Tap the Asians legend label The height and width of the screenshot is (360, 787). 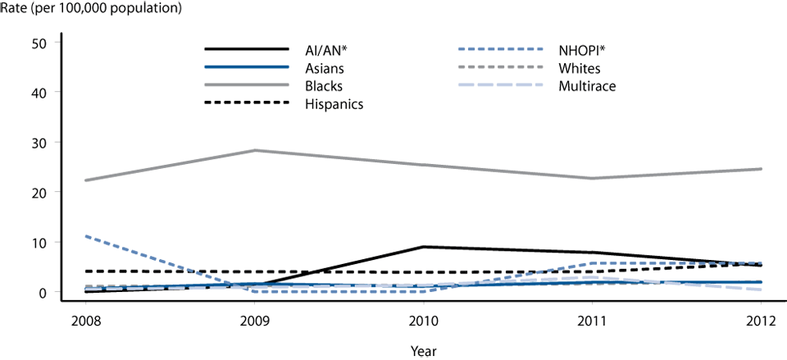tap(345, 67)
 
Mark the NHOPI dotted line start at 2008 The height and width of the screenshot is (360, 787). tap(86, 236)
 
